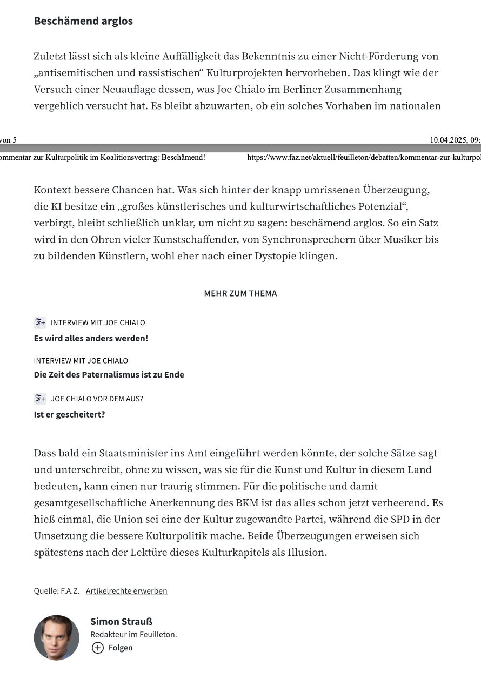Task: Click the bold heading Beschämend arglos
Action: tap(83, 21)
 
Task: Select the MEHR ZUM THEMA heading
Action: tap(241, 293)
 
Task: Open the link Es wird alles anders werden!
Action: tap(91, 338)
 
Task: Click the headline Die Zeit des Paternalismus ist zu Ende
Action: tap(109, 374)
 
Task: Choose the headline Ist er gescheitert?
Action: tap(69, 414)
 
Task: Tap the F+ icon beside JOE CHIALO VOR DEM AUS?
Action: tap(40, 399)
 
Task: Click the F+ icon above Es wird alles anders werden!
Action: tap(40, 322)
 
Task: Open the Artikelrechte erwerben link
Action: tap(126, 590)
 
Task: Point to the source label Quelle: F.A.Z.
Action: tap(57, 590)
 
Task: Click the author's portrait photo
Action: tap(57, 637)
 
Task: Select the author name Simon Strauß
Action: tap(121, 621)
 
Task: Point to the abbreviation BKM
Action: tap(248, 503)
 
